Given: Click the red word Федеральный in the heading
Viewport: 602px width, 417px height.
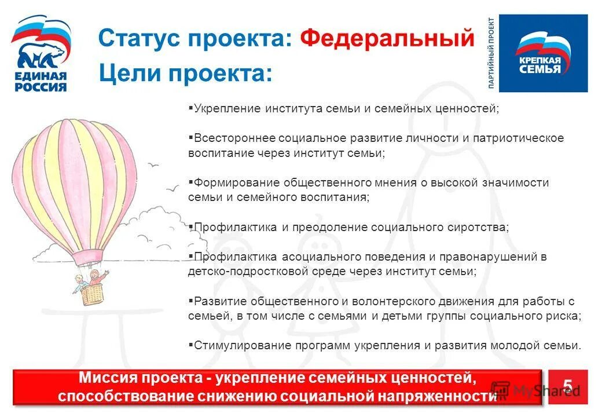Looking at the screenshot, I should click(x=387, y=38).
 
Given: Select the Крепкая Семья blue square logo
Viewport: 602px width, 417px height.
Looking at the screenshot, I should click(x=543, y=53).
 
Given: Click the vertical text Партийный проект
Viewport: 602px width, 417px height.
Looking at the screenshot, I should click(x=491, y=53).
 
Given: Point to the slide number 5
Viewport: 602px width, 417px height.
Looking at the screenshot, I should click(x=567, y=387).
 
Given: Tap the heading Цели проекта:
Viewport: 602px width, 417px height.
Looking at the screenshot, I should click(x=185, y=73).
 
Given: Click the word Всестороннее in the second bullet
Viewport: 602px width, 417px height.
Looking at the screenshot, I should click(x=234, y=138).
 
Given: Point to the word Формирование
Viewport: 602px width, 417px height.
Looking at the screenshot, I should click(x=237, y=182).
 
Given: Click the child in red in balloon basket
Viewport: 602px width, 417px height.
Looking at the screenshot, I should click(x=96, y=276).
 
